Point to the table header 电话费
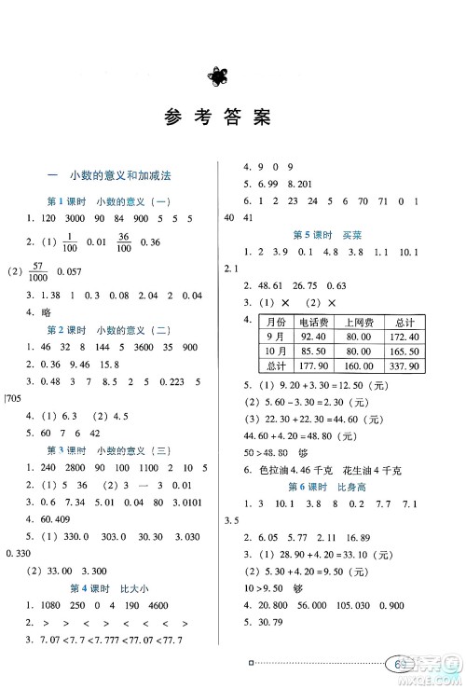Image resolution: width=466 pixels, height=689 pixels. tap(308, 320)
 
